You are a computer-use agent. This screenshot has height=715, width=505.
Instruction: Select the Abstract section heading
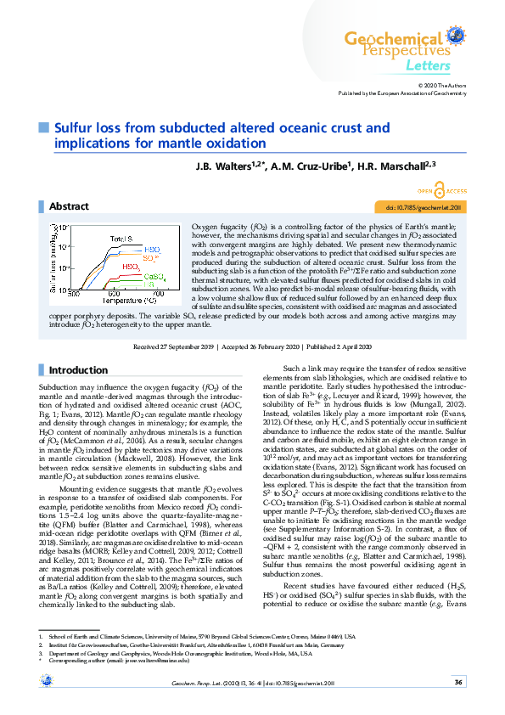69,206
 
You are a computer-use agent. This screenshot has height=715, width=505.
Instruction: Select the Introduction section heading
78,370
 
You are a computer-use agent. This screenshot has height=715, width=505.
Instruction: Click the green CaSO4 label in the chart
154,277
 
